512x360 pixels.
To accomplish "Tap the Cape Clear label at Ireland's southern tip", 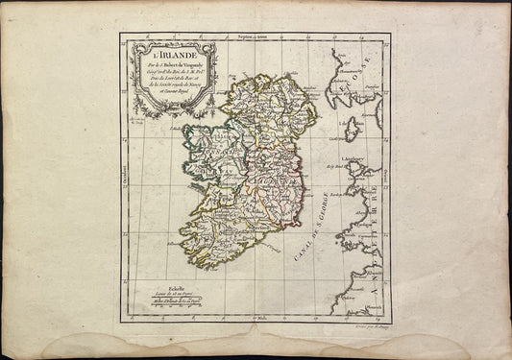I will click(x=197, y=270).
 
